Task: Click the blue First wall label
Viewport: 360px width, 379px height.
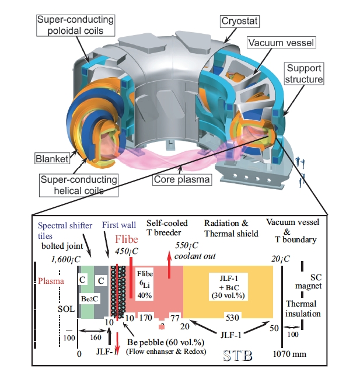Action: click(x=119, y=225)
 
